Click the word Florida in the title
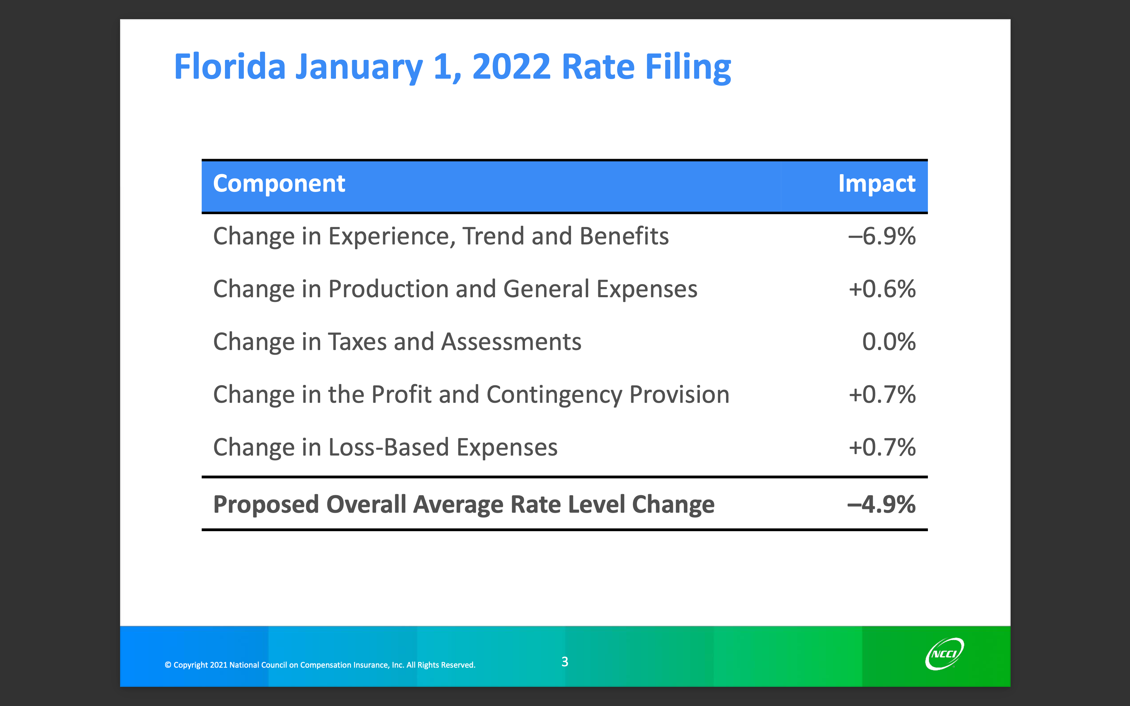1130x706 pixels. (230, 67)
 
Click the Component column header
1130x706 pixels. (279, 184)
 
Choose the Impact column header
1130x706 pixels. (876, 184)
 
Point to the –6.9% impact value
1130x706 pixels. (881, 236)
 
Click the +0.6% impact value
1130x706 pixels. (881, 289)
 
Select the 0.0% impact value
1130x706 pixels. (889, 342)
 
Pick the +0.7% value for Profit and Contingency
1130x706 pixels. (881, 395)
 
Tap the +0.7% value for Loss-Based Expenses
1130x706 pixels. (881, 447)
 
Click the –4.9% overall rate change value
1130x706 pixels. (881, 505)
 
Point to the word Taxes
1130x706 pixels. (357, 342)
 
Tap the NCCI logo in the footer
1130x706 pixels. (944, 654)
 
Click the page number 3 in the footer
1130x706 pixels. (565, 662)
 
